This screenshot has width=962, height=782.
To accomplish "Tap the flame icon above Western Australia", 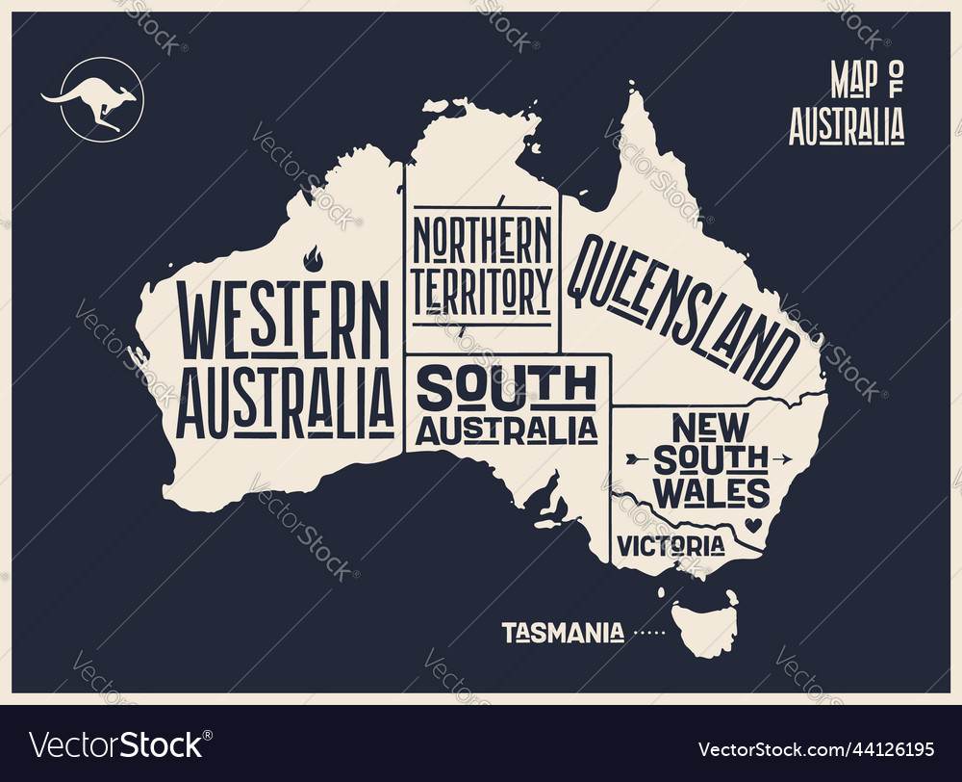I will [x=313, y=258].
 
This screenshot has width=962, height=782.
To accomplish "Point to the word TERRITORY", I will [x=482, y=287].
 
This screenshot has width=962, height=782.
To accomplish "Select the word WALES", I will [x=711, y=492].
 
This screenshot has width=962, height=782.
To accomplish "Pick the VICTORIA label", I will [x=671, y=545].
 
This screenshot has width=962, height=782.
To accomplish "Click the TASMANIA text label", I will [x=562, y=633].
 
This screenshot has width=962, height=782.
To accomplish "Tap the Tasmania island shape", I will [x=706, y=626].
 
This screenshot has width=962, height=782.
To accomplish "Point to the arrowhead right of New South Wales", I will [x=784, y=457].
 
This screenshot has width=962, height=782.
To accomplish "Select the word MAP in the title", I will [x=853, y=83].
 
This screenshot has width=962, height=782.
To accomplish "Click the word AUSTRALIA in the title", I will [x=847, y=126].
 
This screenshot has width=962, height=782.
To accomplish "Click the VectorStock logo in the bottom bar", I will [x=116, y=746].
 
